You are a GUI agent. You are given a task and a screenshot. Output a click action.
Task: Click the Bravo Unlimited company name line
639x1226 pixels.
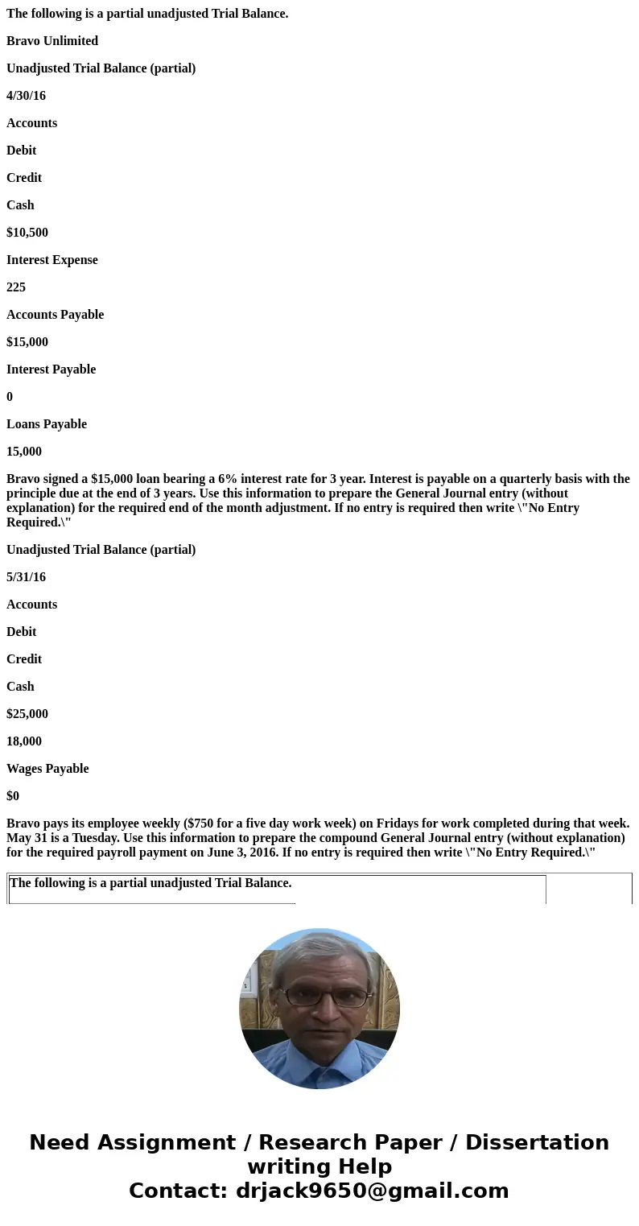click(52, 41)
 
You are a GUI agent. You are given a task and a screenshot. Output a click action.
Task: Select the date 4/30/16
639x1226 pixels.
click(26, 96)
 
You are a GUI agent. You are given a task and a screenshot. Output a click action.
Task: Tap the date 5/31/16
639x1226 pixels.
click(26, 577)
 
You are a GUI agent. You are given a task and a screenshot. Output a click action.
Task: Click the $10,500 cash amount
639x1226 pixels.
click(27, 233)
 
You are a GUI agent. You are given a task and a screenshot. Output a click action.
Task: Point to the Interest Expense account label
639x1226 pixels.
click(52, 260)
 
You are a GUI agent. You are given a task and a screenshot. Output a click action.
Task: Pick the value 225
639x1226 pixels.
click(16, 287)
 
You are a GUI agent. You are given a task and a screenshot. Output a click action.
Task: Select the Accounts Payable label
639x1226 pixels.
click(55, 315)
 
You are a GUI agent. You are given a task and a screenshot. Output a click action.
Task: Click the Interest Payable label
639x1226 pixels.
click(51, 369)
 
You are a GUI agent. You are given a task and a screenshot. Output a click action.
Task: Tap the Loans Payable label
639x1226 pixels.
click(47, 424)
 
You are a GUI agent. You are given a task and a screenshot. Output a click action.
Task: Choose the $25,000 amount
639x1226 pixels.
click(27, 714)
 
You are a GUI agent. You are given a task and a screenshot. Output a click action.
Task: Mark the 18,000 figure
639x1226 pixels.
click(24, 741)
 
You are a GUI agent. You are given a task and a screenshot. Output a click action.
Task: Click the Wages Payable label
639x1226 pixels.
click(47, 769)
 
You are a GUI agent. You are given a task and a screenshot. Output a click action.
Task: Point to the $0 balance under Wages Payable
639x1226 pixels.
click(13, 796)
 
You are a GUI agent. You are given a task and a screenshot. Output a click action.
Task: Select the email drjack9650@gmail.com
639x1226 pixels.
click(372, 1191)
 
